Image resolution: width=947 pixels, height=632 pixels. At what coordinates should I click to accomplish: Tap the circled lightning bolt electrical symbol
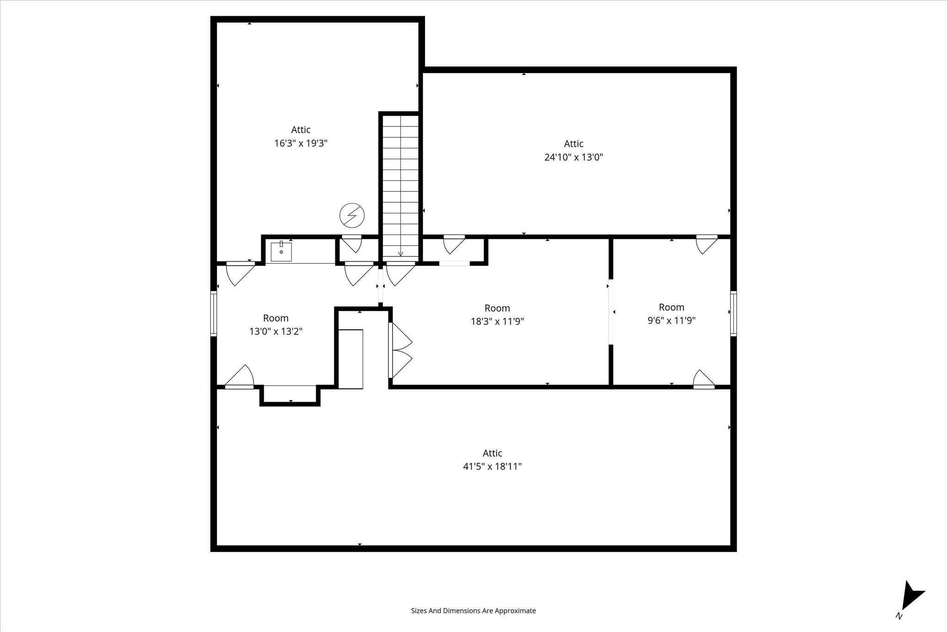pyautogui.click(x=352, y=216)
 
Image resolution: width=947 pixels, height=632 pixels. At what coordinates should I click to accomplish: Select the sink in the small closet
pyautogui.click(x=281, y=252)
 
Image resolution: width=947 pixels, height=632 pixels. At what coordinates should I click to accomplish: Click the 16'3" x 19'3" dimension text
pyautogui.click(x=301, y=143)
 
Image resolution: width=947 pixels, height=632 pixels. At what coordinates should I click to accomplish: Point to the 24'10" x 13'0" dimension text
pyautogui.click(x=574, y=157)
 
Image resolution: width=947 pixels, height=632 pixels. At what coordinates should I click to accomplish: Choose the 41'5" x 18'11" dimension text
pyautogui.click(x=492, y=467)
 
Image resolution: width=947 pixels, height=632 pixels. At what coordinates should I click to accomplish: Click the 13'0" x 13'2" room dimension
pyautogui.click(x=276, y=332)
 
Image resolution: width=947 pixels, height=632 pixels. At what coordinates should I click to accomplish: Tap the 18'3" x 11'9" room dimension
pyautogui.click(x=498, y=322)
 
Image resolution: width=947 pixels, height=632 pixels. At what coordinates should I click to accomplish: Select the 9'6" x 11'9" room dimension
pyautogui.click(x=671, y=321)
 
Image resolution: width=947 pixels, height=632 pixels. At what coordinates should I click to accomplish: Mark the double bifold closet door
pyautogui.click(x=400, y=350)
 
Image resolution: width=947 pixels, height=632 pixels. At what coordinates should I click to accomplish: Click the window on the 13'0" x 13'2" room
pyautogui.click(x=214, y=313)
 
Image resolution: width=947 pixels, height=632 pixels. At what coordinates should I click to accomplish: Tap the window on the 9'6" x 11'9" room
pyautogui.click(x=733, y=313)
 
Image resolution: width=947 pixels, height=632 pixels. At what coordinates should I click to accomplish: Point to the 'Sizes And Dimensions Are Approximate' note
pyautogui.click(x=473, y=611)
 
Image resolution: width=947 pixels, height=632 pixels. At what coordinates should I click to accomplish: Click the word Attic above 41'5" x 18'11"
pyautogui.click(x=492, y=453)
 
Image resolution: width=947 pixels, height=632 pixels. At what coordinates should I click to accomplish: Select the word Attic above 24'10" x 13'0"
pyautogui.click(x=574, y=144)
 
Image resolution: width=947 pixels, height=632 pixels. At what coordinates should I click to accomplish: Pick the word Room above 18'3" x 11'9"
pyautogui.click(x=498, y=308)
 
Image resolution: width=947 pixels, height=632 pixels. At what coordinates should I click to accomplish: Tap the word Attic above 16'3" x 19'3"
pyautogui.click(x=301, y=130)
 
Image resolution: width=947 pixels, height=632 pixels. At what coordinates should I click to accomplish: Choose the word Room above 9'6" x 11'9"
pyautogui.click(x=671, y=307)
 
